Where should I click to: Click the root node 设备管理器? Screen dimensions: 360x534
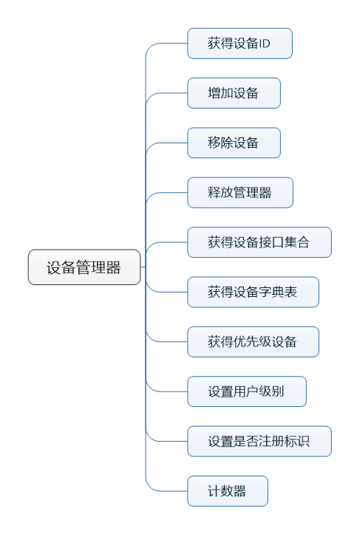coord(84,267)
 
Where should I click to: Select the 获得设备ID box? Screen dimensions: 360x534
coord(240,44)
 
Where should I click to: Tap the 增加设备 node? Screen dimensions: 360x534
coord(234,93)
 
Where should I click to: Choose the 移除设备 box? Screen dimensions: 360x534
coord(234,143)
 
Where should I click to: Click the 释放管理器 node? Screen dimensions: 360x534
coord(240,193)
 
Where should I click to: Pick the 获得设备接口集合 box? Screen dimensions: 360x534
coord(259,242)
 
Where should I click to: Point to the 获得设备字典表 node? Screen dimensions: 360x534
coord(254,292)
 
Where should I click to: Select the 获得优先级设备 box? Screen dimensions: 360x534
coord(254,342)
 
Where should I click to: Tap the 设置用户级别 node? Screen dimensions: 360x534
coord(247,391)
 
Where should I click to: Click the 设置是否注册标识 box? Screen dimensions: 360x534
coord(259,442)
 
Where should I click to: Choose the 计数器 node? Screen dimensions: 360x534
coord(228,491)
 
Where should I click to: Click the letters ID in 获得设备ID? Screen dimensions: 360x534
coord(265,44)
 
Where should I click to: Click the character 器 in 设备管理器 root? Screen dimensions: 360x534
coord(113,267)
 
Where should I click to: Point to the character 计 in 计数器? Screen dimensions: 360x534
coord(214,491)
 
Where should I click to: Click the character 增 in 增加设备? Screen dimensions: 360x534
coord(214,93)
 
